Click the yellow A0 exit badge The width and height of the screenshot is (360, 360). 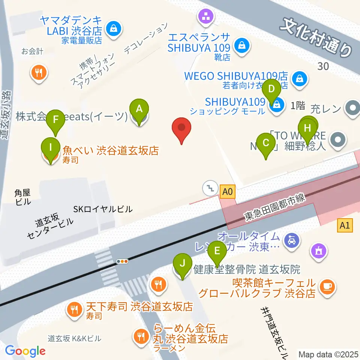tap(227, 192)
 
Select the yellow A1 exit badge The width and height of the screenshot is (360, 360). tap(345, 226)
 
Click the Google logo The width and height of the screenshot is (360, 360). tap(25, 351)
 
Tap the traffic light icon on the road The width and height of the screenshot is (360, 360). tap(123, 261)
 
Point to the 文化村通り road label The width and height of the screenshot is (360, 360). tap(317, 37)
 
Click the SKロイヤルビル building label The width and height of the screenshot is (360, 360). tap(103, 209)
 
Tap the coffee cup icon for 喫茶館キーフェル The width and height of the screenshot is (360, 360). tap(327, 287)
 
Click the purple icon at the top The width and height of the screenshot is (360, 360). tap(206, 16)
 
